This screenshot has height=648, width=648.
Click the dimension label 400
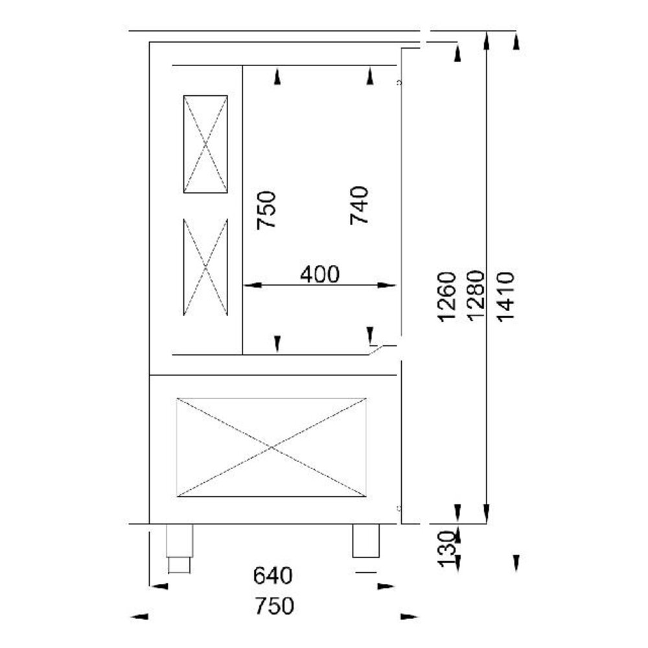click(319, 275)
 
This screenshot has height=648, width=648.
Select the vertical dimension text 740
click(359, 205)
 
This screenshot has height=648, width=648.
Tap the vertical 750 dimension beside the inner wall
click(266, 209)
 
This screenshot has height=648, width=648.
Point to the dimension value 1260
click(448, 296)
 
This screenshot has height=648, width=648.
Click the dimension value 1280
click(476, 296)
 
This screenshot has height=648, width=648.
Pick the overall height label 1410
click(506, 296)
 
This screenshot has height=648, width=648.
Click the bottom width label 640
click(273, 575)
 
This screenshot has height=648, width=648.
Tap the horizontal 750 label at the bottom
click(273, 606)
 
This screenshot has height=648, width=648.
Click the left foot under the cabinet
click(179, 548)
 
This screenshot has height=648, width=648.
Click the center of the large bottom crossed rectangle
click(272, 447)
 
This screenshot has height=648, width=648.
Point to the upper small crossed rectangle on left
click(205, 144)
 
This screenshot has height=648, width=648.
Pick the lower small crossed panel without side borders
click(205, 267)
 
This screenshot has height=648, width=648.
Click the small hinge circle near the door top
click(399, 83)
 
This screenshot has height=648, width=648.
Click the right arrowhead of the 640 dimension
click(386, 586)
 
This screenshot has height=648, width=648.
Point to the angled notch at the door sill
click(378, 350)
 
